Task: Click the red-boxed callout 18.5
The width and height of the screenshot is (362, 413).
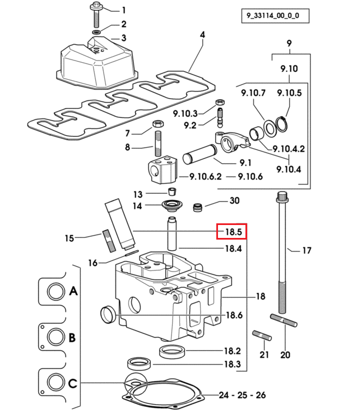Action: [x=233, y=232]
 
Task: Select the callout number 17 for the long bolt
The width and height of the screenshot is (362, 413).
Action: [x=307, y=250]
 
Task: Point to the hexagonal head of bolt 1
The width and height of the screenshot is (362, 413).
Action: [x=95, y=5]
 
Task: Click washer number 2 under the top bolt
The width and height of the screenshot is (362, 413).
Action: [x=97, y=32]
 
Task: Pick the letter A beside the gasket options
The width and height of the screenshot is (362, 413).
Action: [x=73, y=291]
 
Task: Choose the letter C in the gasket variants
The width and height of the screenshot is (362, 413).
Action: [x=73, y=383]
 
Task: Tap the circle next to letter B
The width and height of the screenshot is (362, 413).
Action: [x=56, y=337]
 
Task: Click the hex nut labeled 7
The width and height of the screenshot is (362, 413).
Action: [x=159, y=123]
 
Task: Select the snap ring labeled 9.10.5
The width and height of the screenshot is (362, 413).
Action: [x=282, y=124]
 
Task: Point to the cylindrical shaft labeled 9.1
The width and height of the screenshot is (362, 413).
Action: [x=199, y=154]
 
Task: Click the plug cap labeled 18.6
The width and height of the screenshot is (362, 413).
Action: [x=108, y=314]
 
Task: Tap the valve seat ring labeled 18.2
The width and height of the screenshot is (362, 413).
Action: [x=172, y=352]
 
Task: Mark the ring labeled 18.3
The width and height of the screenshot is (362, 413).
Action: [x=140, y=364]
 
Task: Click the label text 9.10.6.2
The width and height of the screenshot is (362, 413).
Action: [x=206, y=176]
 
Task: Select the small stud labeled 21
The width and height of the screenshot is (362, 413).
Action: [x=262, y=336]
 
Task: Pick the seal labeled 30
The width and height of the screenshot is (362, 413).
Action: [x=198, y=207]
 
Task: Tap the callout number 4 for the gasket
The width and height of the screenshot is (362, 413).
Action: [x=202, y=35]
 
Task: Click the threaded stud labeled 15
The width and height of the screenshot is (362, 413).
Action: [x=109, y=241]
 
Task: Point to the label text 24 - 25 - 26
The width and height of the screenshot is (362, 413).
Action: [x=242, y=395]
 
